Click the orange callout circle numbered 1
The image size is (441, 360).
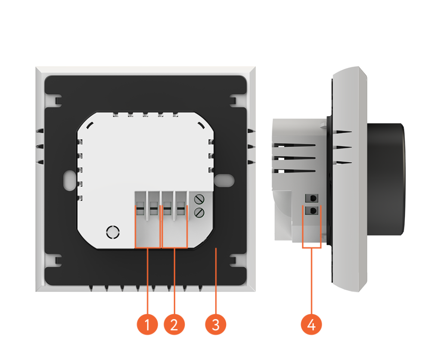(x=147, y=324)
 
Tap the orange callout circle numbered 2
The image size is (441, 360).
(x=174, y=324)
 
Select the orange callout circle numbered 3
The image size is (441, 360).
(x=215, y=324)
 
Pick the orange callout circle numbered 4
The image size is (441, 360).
(x=311, y=324)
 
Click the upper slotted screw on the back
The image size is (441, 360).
(x=199, y=199)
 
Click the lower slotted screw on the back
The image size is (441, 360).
(x=199, y=212)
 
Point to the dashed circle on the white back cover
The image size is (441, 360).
(x=113, y=232)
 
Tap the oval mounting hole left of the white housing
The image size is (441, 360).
(x=69, y=180)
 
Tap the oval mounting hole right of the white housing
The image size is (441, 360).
(x=224, y=180)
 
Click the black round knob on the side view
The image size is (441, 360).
(x=386, y=179)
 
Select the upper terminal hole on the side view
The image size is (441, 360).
(x=312, y=198)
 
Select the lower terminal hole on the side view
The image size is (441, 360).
(x=312, y=210)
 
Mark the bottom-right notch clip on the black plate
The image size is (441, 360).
(x=233, y=261)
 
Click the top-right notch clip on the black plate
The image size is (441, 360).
(x=233, y=101)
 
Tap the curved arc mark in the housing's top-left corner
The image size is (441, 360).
(x=90, y=125)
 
